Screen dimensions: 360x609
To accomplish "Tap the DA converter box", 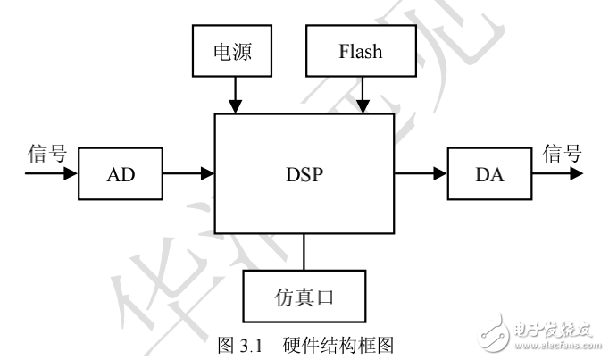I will pos(488,173).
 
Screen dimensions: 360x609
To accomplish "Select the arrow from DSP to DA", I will pos(420,173).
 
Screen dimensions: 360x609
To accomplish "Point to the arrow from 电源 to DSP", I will pos(234,95).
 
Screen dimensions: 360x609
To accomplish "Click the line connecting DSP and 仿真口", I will pos(304,251).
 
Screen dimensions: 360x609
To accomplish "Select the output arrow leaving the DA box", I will pos(558,173).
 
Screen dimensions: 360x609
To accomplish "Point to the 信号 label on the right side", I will pos(562,154).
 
